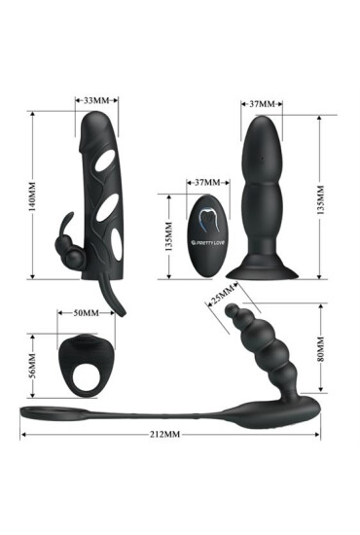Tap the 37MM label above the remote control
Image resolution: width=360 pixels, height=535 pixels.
point(206,182)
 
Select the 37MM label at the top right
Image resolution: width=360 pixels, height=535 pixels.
point(263,102)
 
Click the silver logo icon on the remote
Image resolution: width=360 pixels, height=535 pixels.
point(208,225)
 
